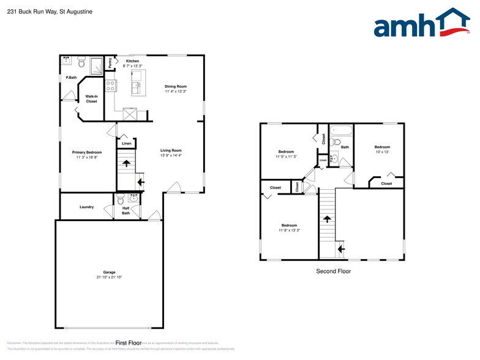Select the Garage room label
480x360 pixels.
click(109, 272)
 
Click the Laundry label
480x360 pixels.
click(86, 207)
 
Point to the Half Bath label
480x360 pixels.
click(126, 211)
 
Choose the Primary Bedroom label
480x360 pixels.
click(86, 152)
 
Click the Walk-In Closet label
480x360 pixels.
click(91, 99)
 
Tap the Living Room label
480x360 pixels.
click(171, 150)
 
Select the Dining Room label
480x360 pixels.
click(175, 86)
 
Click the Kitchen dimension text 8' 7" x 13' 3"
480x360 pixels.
click(132, 67)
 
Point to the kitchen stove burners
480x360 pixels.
click(111, 86)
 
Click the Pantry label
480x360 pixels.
click(110, 62)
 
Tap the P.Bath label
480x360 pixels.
click(71, 78)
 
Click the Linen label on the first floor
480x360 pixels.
click(126, 144)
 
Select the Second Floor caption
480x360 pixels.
click(333, 271)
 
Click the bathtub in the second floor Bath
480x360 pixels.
click(341, 130)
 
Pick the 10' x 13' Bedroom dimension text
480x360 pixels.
click(382, 152)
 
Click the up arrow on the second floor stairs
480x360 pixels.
click(327, 219)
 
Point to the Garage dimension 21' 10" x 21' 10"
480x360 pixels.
click(109, 277)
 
